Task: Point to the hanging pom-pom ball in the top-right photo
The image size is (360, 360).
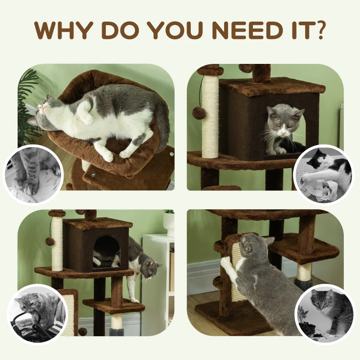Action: tap(199, 112)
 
